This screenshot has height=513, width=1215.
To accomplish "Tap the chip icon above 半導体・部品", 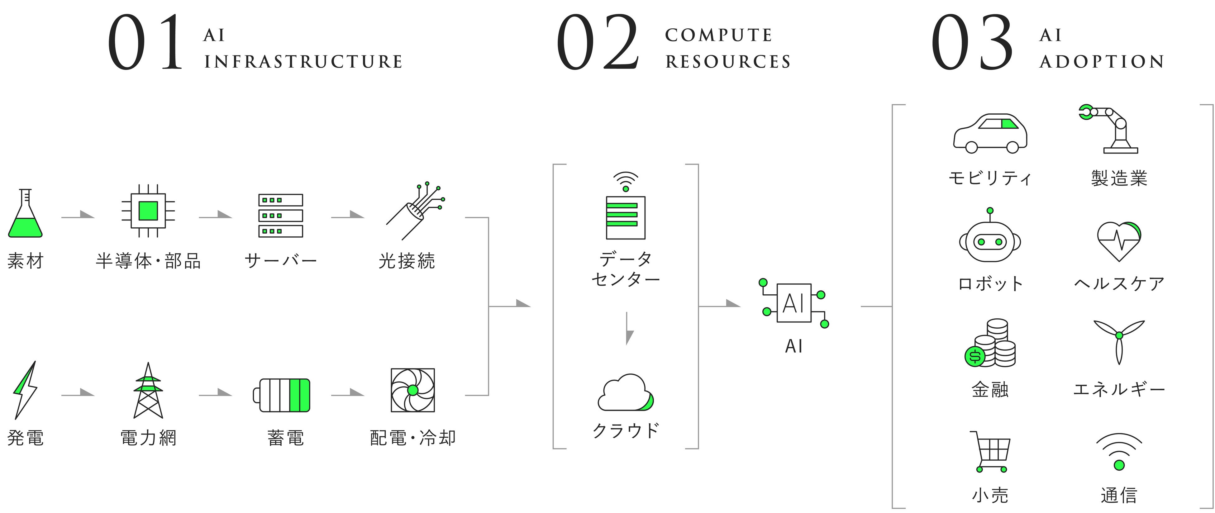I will click(x=148, y=211).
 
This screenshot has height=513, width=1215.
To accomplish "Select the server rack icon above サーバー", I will click(x=281, y=216).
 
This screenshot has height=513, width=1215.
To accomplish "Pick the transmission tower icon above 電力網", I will click(x=148, y=390).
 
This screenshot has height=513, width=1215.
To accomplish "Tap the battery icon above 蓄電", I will click(x=282, y=395).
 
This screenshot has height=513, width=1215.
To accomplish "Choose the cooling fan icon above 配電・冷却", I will click(x=413, y=390).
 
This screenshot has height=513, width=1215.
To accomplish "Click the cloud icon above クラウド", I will click(x=626, y=393).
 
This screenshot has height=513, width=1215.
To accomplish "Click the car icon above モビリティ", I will click(x=990, y=133).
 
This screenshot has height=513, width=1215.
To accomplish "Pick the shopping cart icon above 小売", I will click(x=992, y=451).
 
